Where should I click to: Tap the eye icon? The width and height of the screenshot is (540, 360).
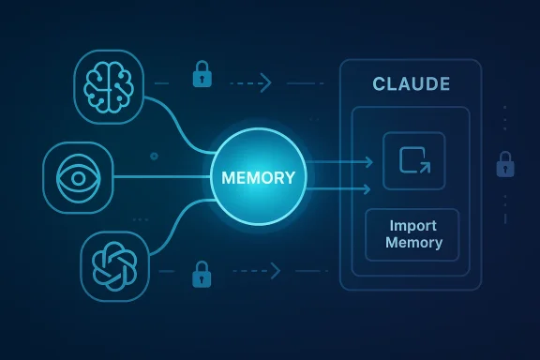point(78,175)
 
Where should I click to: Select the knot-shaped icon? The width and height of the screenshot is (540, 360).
point(114,264)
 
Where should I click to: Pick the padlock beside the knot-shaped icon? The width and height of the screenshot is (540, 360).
point(200,275)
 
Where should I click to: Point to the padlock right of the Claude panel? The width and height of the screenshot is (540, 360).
point(504,165)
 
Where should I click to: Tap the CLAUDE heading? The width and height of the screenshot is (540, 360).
point(411,85)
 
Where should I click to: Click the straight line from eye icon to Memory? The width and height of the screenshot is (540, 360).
point(159,175)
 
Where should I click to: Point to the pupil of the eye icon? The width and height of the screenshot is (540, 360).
point(78,175)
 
